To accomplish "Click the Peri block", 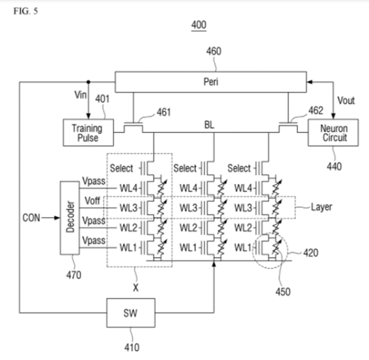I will tap(210, 82).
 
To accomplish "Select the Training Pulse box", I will tap(88, 132).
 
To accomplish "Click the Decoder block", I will tap(70, 218).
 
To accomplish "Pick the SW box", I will tap(131, 312).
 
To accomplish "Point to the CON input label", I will tap(31, 218).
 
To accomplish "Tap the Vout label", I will tap(346, 100).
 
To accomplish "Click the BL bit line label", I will tap(209, 125).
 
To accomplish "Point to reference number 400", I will tap(199, 25).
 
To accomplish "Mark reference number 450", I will tap(283, 291).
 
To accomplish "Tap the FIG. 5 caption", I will tap(26, 11).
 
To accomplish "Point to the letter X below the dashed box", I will tap(135, 288).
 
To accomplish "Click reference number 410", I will tap(132, 347).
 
